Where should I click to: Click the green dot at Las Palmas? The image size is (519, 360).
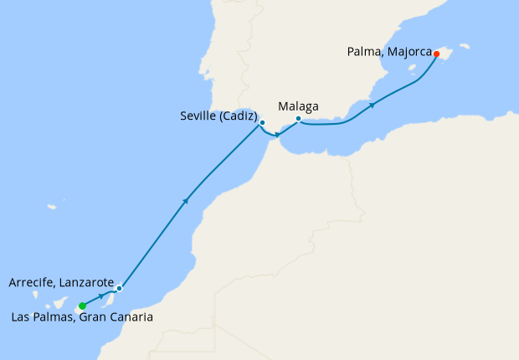click(82, 306)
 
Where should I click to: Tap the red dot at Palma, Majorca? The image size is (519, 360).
click(436, 54)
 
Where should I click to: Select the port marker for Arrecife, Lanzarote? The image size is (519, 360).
click(120, 289)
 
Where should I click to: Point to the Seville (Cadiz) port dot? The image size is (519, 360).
click(262, 123)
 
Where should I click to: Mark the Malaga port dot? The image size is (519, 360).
click(299, 119)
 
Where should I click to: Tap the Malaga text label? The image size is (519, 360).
click(299, 107)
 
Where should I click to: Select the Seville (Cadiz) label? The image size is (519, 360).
click(219, 117)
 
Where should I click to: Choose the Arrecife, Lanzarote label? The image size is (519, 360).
click(61, 283)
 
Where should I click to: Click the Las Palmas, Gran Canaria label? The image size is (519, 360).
click(83, 317)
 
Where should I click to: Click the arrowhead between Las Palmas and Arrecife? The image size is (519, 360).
click(101, 296)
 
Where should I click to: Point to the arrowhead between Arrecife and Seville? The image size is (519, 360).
click(185, 200)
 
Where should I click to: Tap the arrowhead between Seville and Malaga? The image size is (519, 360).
click(278, 134)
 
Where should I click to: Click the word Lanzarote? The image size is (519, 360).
click(85, 283)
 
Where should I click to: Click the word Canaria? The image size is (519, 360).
click(131, 317)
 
